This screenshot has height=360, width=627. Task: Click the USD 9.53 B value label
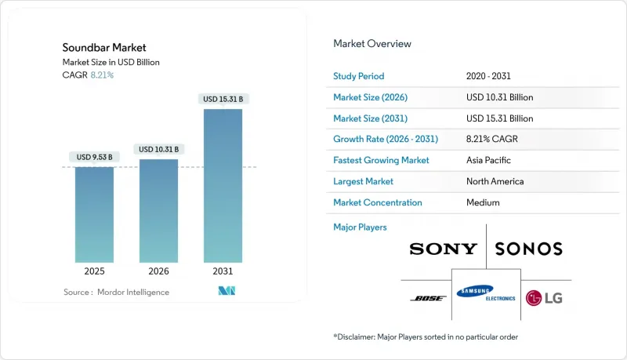coord(94,157)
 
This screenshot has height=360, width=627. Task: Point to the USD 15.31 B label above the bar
coord(223,99)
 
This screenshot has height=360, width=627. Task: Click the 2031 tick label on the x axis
coord(223,272)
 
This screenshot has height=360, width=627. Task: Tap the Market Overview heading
coord(372,44)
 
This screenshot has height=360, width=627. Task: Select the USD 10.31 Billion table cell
coord(499,97)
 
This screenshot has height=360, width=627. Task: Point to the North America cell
coord(495,181)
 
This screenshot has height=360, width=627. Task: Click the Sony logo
coord(443,249)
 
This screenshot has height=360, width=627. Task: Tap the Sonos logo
coord(529,249)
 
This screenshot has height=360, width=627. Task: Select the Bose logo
coord(428,298)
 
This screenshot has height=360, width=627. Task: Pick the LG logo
coord(544,298)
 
